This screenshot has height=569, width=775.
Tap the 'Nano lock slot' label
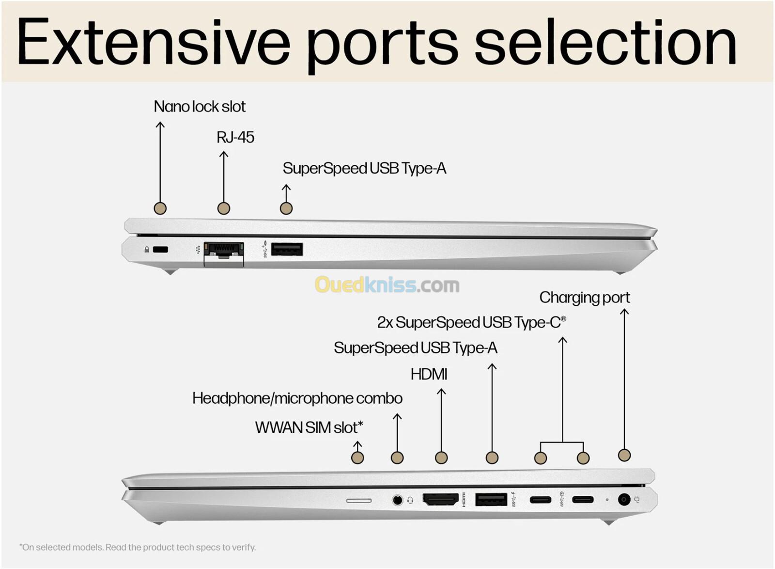pyautogui.click(x=200, y=107)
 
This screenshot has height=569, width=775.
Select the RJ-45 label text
pyautogui.click(x=235, y=138)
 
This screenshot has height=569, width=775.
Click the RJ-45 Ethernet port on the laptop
pyautogui.click(x=224, y=251)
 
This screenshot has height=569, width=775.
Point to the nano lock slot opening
pyautogui.click(x=160, y=250)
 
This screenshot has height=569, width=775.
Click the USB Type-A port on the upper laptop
pyautogui.click(x=287, y=250)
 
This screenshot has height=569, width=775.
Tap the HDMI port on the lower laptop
pyautogui.click(x=440, y=499)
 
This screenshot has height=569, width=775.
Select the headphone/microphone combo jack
pyautogui.click(x=397, y=500)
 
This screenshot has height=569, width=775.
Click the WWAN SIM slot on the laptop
pyautogui.click(x=359, y=500)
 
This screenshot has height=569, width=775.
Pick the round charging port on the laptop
pyautogui.click(x=624, y=499)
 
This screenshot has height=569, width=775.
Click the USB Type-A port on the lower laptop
pyautogui.click(x=491, y=499)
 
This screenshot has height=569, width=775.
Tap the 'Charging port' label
pyautogui.click(x=585, y=298)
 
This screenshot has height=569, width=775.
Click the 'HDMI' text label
pyautogui.click(x=429, y=374)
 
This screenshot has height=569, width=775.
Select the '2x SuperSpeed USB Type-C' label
pyautogui.click(x=471, y=323)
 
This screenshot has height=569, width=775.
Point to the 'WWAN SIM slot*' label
pyautogui.click(x=309, y=427)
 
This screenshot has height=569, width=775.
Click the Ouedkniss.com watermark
pyautogui.click(x=387, y=285)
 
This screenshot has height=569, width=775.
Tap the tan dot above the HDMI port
pyautogui.click(x=441, y=458)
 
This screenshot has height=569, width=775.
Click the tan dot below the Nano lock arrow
pyautogui.click(x=160, y=208)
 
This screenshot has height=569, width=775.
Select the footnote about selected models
pyautogui.click(x=138, y=547)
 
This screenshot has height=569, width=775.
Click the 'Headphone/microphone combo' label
pyautogui.click(x=297, y=398)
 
